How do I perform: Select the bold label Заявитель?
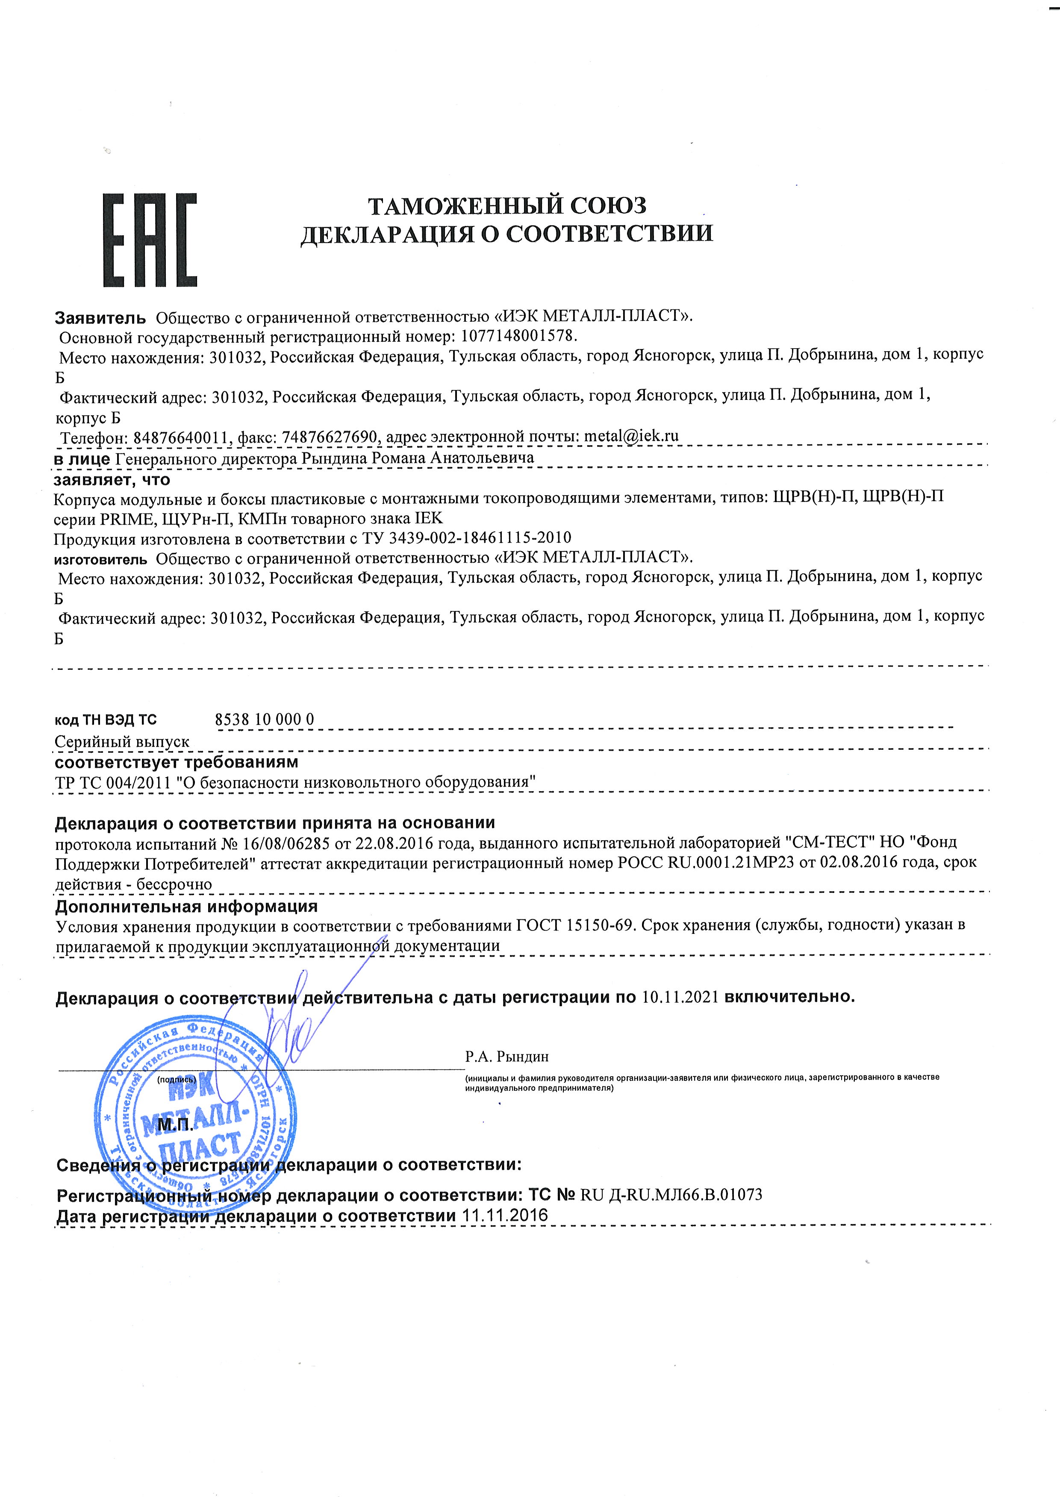click(100, 318)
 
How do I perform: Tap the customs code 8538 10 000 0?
click(264, 719)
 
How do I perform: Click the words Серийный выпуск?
click(122, 742)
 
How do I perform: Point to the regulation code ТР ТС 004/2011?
click(114, 782)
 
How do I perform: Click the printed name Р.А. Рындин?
click(507, 1056)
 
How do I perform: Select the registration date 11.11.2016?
click(504, 1215)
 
